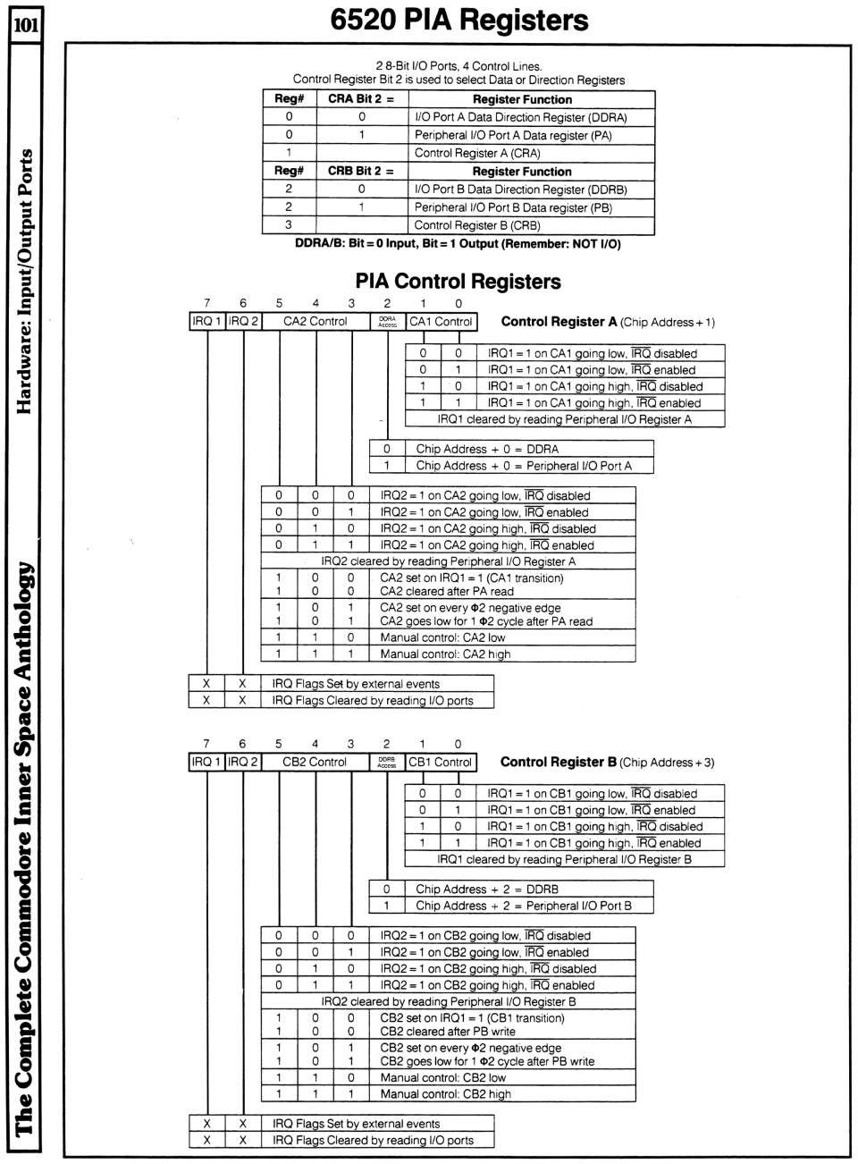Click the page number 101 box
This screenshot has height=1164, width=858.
pyautogui.click(x=25, y=24)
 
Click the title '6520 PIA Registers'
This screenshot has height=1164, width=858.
pyautogui.click(x=459, y=20)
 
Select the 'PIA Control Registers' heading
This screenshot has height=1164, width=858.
pyautogui.click(x=458, y=282)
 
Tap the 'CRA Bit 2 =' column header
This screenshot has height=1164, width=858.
pyautogui.click(x=361, y=99)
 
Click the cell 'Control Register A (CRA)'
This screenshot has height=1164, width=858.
pyautogui.click(x=477, y=153)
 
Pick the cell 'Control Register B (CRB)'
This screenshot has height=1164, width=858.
pyautogui.click(x=477, y=225)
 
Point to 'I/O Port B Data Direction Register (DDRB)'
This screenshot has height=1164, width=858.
pyautogui.click(x=521, y=190)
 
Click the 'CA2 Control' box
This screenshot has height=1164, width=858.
pyautogui.click(x=315, y=321)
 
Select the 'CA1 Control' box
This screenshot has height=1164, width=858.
pyautogui.click(x=441, y=321)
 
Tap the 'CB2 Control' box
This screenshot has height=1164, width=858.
pyautogui.click(x=315, y=762)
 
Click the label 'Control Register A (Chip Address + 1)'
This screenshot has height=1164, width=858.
pyautogui.click(x=608, y=322)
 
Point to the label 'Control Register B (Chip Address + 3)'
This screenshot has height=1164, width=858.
pyautogui.click(x=607, y=763)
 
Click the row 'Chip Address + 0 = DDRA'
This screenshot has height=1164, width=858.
pyautogui.click(x=487, y=449)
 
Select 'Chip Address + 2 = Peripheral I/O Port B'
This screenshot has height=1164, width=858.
pyautogui.click(x=523, y=906)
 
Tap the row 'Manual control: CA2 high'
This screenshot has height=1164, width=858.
pyautogui.click(x=445, y=654)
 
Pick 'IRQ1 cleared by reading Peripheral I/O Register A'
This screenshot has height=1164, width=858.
pyautogui.click(x=564, y=418)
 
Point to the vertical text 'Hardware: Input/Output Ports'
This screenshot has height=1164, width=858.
pyautogui.click(x=25, y=281)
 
